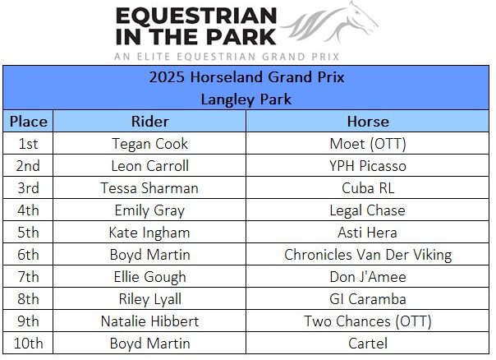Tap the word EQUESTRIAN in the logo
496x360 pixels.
[x=196, y=16]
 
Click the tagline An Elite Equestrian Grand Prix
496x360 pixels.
[x=227, y=57]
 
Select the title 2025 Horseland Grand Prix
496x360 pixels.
[x=246, y=77]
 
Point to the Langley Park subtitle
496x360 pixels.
[x=246, y=99]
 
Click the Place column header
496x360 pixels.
[x=29, y=122]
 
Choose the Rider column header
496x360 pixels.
[x=150, y=122]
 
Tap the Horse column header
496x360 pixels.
[x=368, y=122]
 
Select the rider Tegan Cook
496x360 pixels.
[x=150, y=144]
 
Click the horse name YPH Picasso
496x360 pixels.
[x=368, y=166]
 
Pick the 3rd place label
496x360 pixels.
[x=28, y=188]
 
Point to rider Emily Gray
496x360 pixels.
[x=149, y=210]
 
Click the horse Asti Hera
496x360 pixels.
[x=367, y=233]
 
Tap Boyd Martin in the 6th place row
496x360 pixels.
[x=150, y=255]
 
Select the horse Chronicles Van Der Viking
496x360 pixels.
[x=368, y=255]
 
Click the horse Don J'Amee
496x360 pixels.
[x=368, y=277]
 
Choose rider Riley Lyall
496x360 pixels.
[x=150, y=299]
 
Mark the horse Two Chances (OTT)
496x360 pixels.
[x=368, y=321]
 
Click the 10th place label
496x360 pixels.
[x=28, y=344]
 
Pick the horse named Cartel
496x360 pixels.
[x=368, y=344]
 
